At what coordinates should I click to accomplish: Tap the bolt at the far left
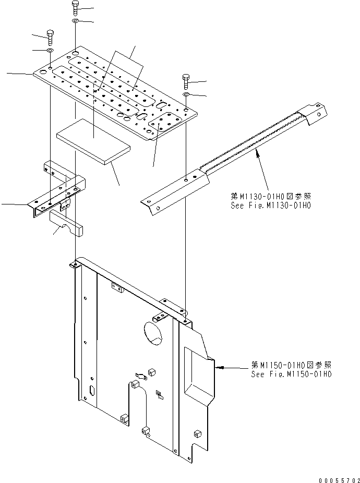(x=50, y=36)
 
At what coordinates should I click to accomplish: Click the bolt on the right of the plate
(x=186, y=81)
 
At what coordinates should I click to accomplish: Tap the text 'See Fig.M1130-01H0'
(x=271, y=205)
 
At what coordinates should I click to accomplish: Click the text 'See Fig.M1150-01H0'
(x=291, y=374)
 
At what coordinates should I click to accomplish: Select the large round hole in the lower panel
(x=152, y=333)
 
